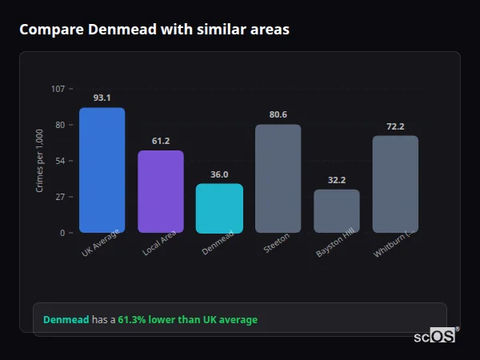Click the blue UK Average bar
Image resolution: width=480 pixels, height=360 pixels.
[102, 170]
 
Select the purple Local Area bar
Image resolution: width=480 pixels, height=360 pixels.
[161, 191]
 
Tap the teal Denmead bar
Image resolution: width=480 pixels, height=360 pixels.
[219, 208]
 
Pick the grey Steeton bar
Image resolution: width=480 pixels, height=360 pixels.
[278, 178]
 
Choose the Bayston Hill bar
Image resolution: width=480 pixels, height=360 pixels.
[337, 211]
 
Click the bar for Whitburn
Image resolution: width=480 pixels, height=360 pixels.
[395, 184]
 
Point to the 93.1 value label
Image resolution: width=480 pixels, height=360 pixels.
[102, 98]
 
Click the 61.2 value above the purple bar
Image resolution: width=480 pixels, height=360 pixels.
[161, 141]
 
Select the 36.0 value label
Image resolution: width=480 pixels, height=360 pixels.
[219, 174]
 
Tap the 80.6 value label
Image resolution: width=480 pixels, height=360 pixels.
[278, 114]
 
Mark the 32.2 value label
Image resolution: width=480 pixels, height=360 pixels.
[337, 180]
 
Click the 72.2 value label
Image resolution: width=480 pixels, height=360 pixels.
[395, 126]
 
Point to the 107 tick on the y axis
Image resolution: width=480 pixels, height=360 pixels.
[58, 89]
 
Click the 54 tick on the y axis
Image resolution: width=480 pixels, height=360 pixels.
[60, 161]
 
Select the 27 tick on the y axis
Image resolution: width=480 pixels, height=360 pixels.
[60, 197]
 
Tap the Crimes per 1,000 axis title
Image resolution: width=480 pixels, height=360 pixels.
[40, 161]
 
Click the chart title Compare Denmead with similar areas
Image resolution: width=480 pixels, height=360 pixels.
[154, 30]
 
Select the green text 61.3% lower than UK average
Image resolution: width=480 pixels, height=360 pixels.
[188, 320]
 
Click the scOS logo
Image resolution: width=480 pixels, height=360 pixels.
[435, 336]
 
